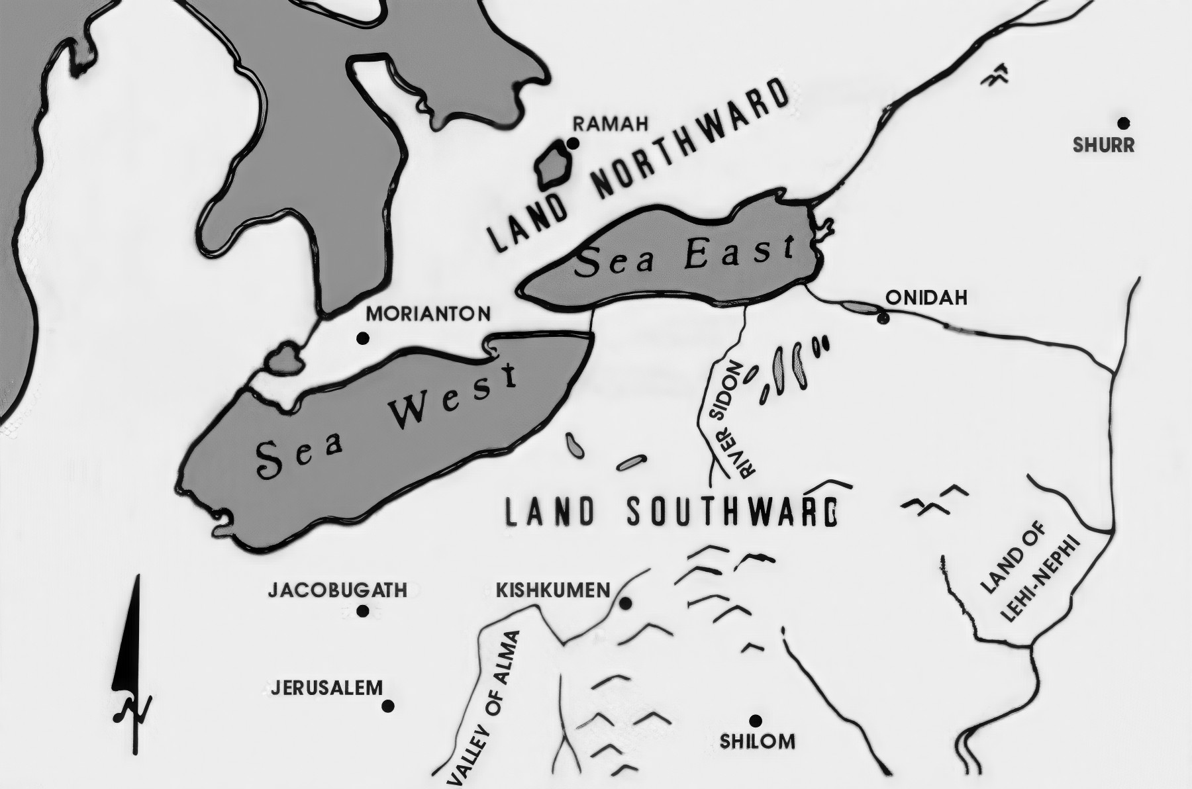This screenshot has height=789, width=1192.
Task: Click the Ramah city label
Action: [x=610, y=124]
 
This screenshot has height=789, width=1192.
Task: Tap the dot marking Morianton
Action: [x=362, y=339]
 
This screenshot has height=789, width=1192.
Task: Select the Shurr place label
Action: [x=1104, y=145]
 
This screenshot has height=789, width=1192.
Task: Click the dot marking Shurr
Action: [x=1123, y=122]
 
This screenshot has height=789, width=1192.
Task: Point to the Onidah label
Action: [x=926, y=298]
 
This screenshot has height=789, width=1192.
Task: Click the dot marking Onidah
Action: [x=882, y=318]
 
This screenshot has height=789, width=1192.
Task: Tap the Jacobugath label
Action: [x=337, y=590]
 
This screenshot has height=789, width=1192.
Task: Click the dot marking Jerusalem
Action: [x=389, y=706]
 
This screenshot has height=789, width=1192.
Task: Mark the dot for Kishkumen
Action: [x=624, y=603]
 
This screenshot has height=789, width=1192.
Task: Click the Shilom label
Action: [x=758, y=741]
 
